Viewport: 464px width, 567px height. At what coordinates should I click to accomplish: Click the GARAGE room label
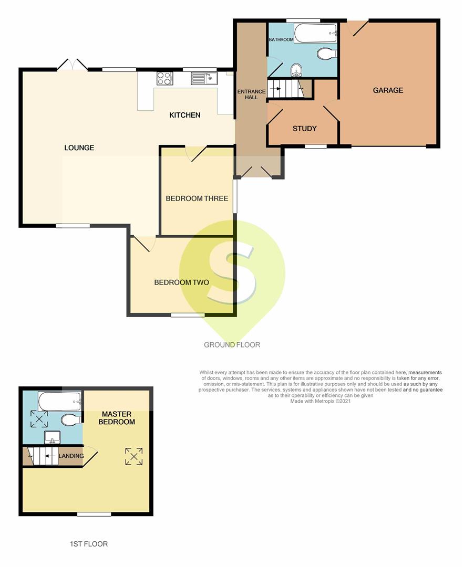click(x=388, y=90)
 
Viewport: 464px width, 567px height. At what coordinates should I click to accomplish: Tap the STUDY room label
click(x=304, y=129)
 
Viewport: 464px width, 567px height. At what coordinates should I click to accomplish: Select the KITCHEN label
click(x=184, y=115)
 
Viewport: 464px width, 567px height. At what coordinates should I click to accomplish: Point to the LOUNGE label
click(x=79, y=148)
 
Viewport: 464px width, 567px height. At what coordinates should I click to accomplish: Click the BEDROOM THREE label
click(x=197, y=198)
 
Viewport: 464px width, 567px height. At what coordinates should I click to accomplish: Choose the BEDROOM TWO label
click(x=181, y=282)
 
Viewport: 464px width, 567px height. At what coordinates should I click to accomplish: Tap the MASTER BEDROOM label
click(x=117, y=418)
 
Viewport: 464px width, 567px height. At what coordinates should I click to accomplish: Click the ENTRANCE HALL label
click(x=251, y=94)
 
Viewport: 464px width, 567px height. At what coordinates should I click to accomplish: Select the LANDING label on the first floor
click(x=71, y=456)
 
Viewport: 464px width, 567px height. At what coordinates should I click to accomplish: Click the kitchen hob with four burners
click(x=164, y=78)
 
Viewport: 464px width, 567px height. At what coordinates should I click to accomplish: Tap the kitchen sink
click(x=204, y=78)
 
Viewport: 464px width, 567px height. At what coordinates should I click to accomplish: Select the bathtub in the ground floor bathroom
click(x=316, y=34)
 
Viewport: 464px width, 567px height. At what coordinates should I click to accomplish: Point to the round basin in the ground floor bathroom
click(x=296, y=70)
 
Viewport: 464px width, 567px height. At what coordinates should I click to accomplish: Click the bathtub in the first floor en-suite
click(x=60, y=402)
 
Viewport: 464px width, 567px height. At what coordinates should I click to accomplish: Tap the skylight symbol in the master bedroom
click(x=134, y=456)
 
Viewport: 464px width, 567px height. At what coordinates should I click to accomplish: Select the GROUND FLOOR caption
click(x=232, y=345)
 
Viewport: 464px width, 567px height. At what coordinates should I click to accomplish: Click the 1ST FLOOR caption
click(x=89, y=544)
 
